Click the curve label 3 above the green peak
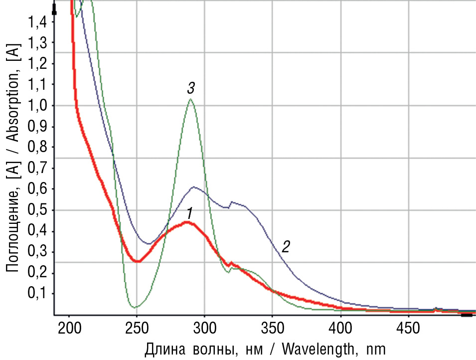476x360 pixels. (x=191, y=89)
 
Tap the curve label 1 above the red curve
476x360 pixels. (x=189, y=214)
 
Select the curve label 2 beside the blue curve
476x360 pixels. (x=286, y=246)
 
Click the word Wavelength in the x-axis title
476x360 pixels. (x=312, y=348)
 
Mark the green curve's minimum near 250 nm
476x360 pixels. (x=134, y=306)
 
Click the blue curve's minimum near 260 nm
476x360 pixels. (x=149, y=244)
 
